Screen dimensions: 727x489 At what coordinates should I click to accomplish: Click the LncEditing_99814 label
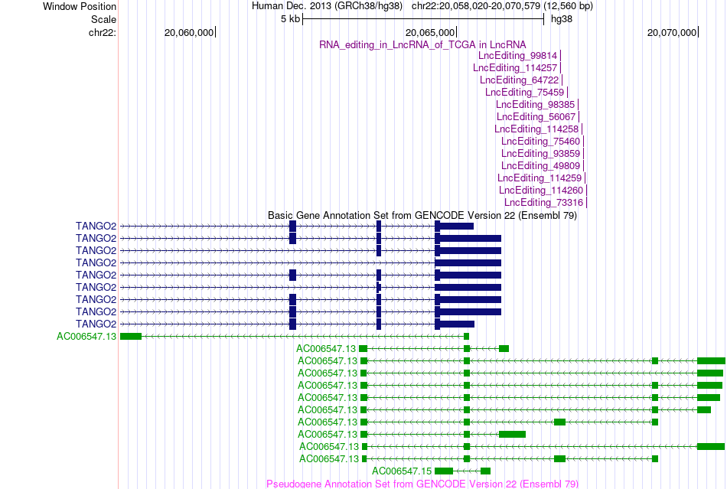[x=517, y=56]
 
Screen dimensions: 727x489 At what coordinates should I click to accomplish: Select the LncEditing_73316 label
[x=543, y=203]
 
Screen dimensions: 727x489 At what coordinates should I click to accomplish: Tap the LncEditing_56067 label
[x=536, y=117]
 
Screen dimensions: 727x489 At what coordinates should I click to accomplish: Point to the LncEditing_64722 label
[x=520, y=80]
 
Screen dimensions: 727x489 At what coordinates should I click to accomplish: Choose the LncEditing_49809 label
[x=540, y=166]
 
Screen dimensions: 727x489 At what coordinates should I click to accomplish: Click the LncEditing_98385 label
[x=535, y=105]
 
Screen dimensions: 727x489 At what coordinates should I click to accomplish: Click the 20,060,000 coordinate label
[x=189, y=32]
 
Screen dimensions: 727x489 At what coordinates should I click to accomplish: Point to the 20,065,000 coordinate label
[x=430, y=32]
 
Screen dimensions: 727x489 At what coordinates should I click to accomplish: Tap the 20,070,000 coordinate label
[x=672, y=32]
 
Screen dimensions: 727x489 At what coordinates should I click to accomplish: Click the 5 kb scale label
[x=290, y=19]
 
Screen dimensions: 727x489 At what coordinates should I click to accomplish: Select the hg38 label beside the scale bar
[x=562, y=19]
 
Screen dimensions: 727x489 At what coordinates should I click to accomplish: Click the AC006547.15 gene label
[x=402, y=471]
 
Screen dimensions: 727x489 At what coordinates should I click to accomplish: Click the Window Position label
[x=80, y=6]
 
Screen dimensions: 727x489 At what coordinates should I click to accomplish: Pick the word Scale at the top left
[x=103, y=19]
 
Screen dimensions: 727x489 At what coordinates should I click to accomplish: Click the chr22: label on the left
[x=103, y=32]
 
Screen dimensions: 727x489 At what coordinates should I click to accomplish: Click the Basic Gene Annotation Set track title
[x=422, y=216]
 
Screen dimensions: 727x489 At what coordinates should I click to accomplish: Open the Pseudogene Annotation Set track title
[x=422, y=484]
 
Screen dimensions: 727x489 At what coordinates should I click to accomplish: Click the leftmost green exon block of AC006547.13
[x=131, y=337]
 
